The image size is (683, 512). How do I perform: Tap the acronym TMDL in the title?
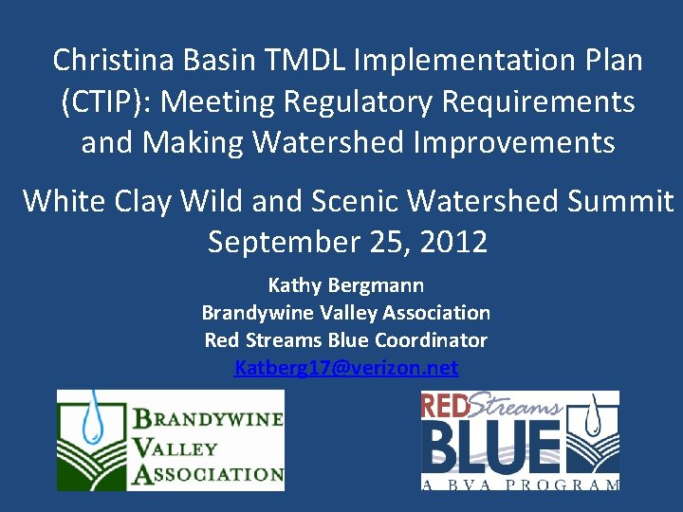tap(305, 61)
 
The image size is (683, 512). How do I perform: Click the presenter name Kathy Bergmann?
tap(346, 284)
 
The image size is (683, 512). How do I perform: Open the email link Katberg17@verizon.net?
tap(346, 367)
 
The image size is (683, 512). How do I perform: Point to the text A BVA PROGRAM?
tap(520, 485)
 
